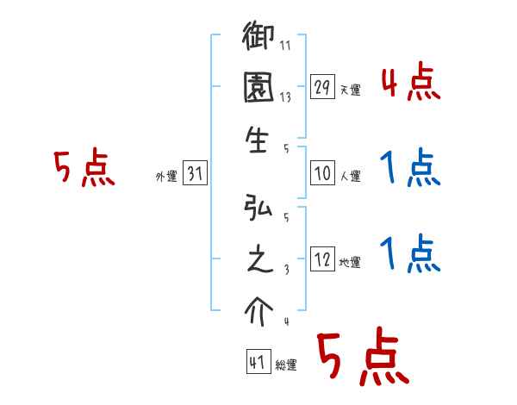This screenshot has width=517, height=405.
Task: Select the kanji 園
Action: (x=259, y=90)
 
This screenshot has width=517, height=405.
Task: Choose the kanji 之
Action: (x=258, y=259)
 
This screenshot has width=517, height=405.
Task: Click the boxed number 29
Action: (x=322, y=87)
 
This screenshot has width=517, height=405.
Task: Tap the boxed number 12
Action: (x=322, y=259)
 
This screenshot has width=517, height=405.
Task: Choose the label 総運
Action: (x=286, y=364)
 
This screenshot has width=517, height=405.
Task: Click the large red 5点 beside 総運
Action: (x=361, y=358)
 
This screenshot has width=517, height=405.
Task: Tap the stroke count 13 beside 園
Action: (x=286, y=97)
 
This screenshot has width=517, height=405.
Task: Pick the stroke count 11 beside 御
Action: (x=286, y=45)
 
